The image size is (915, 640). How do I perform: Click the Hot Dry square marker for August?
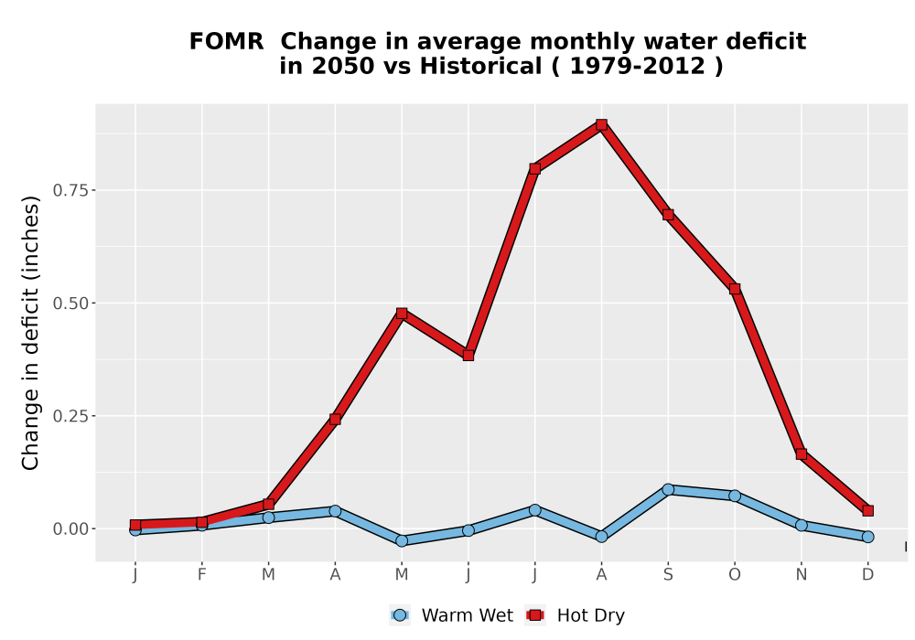point(602,124)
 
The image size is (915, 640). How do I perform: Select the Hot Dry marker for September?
point(668,215)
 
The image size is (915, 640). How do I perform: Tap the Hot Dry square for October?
point(735,289)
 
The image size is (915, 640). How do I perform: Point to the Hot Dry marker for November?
point(802,454)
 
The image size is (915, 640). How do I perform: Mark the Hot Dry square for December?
point(867,510)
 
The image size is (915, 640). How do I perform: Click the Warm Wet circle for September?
point(668,490)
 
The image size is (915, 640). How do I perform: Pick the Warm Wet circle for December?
point(867,537)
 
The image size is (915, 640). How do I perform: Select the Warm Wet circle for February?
point(202,525)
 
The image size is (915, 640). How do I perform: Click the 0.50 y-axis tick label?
point(70,304)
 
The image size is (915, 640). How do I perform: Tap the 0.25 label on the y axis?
point(70,416)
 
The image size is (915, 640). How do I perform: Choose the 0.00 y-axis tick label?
point(70,529)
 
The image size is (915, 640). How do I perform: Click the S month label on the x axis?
point(668,575)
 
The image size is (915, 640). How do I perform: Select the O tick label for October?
point(735,575)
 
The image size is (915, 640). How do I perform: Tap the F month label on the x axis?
point(202,575)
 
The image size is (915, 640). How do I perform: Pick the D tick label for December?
point(867,575)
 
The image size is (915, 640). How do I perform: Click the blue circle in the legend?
point(400,615)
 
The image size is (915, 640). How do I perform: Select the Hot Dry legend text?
point(590,615)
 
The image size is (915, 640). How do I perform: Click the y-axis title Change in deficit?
point(30,332)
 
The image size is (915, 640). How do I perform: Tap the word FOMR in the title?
point(226,42)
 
